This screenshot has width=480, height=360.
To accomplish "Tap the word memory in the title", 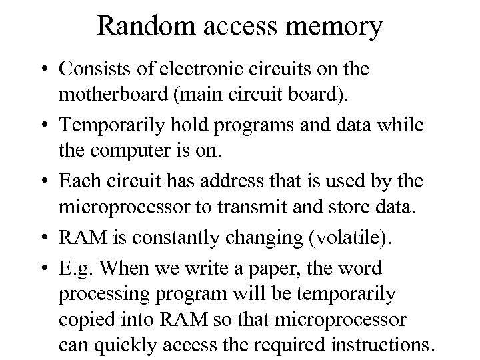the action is [x=342, y=27].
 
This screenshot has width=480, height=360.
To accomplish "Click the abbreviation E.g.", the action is [x=75, y=269].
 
